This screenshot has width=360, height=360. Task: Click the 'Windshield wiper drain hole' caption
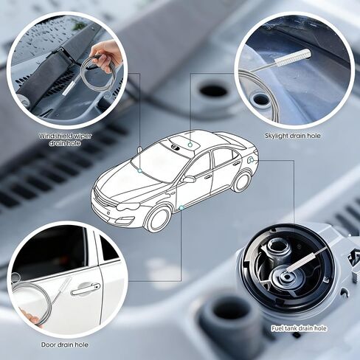tap(65, 139)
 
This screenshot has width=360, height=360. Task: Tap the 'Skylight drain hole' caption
tap(293, 136)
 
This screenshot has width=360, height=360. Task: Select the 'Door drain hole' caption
tap(64, 345)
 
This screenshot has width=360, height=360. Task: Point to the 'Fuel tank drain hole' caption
tap(299, 328)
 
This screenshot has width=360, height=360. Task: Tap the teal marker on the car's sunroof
tap(190, 145)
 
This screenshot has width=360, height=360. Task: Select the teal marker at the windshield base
tap(140, 170)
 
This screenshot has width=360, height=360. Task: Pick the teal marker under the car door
tap(181, 208)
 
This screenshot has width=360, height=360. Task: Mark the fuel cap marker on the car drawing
tap(252, 160)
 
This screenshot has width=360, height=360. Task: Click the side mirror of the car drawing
tap(188, 179)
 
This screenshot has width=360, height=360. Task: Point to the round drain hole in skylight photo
tap(261, 100)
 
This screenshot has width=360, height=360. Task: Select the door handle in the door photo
tap(86, 289)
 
